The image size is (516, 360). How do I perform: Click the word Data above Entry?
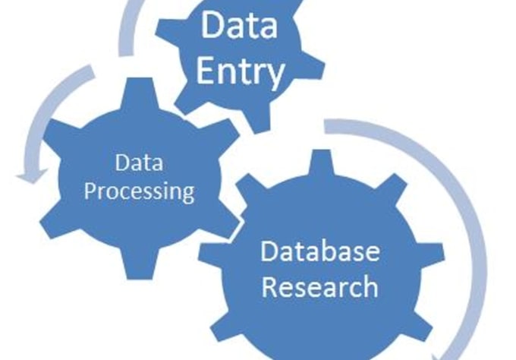tap(239, 25)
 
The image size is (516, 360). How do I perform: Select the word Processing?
tap(139, 191)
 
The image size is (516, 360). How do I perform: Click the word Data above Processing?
tap(139, 163)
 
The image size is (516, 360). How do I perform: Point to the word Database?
tap(320, 251)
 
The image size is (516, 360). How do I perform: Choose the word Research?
tap(320, 287)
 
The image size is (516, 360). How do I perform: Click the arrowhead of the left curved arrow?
tap(32, 176)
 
